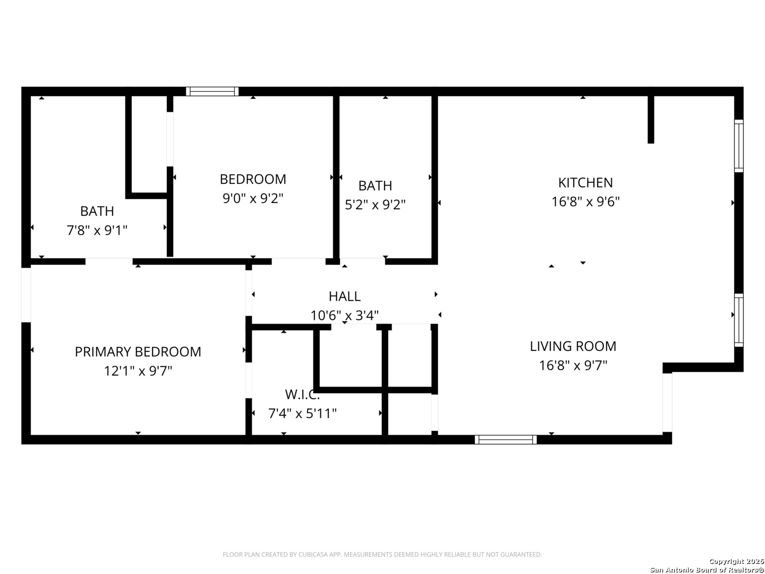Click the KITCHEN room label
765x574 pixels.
tap(585, 183)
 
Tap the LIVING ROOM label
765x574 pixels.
tap(573, 346)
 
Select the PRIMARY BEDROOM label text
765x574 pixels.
tap(138, 352)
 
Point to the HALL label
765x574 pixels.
tap(344, 296)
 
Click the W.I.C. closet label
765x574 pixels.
tap(302, 394)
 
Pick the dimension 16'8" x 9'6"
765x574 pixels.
tap(585, 201)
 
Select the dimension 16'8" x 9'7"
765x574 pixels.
tap(573, 365)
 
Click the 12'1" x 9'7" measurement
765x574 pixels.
tap(138, 371)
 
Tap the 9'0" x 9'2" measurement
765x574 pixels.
tap(253, 198)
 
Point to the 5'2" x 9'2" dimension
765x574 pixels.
tap(375, 205)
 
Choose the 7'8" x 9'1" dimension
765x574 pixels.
tap(97, 230)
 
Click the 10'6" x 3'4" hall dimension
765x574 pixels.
tap(344, 315)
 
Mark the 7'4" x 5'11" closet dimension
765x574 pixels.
tap(302, 413)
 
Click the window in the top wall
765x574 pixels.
tap(212, 91)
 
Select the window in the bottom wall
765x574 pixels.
tap(505, 440)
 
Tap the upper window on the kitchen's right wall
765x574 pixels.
tap(738, 146)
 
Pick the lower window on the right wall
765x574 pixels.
tap(738, 320)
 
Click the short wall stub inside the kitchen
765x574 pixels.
tap(650, 119)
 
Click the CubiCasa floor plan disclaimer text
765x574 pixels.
tap(382, 554)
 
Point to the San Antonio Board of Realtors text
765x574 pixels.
tap(707, 570)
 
